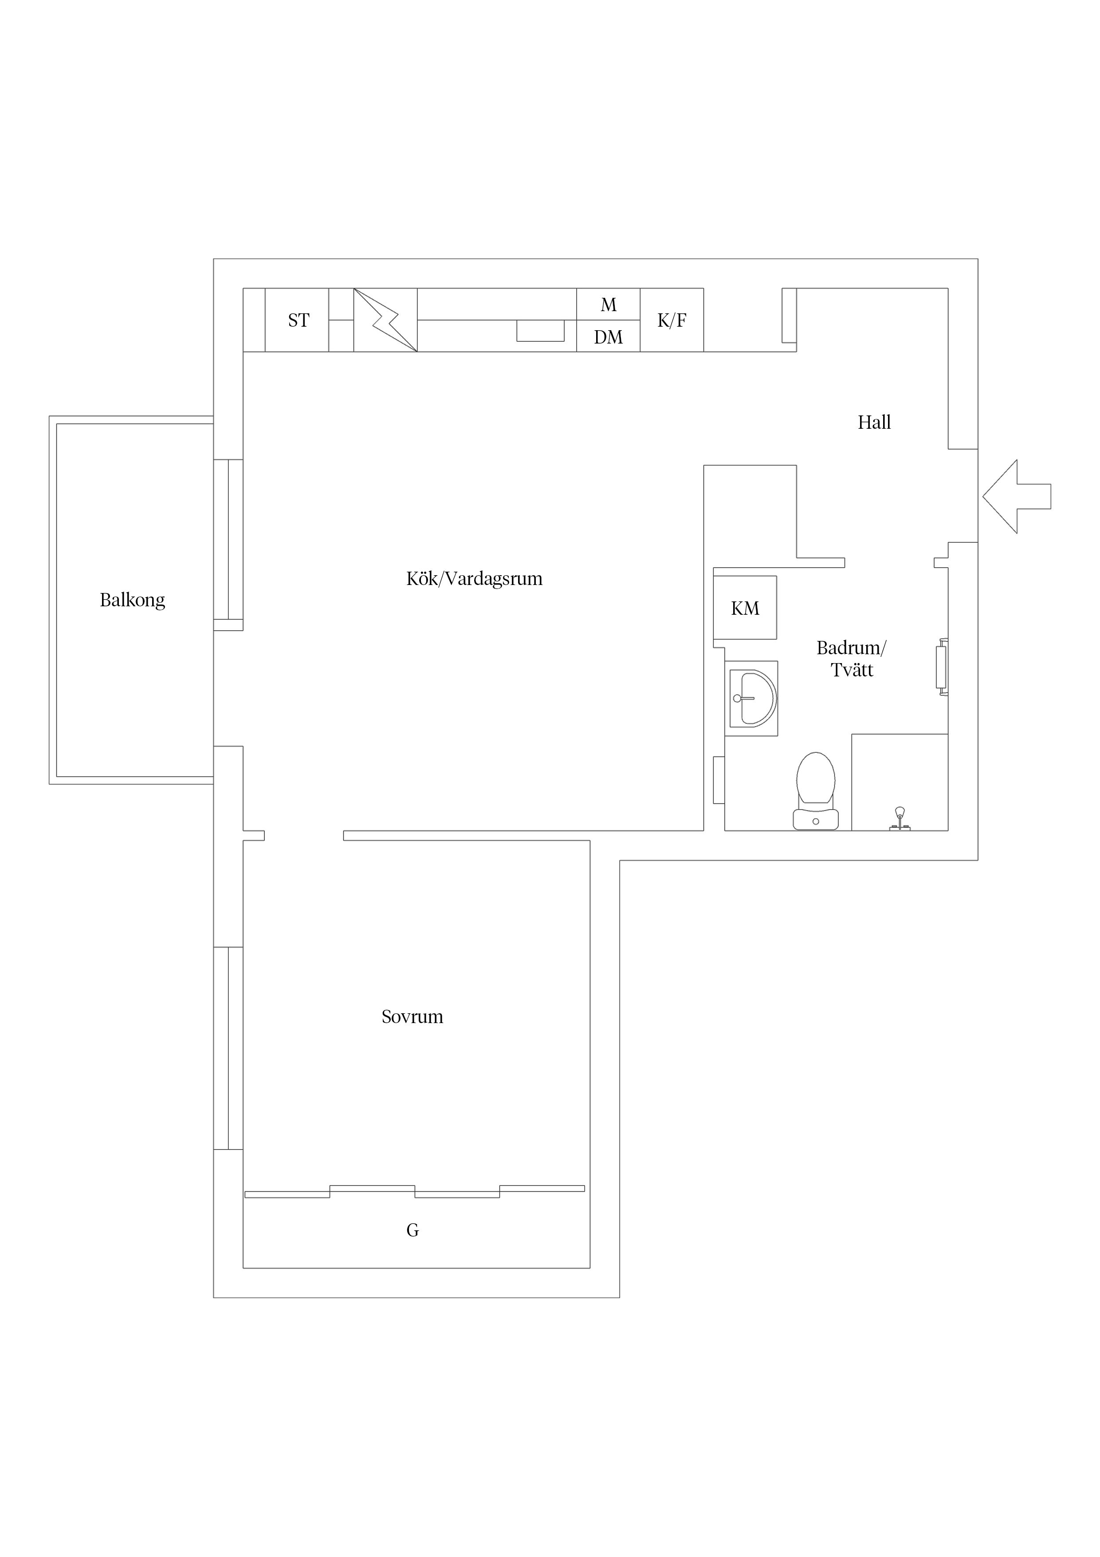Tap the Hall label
coord(874,423)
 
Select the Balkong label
coord(132,600)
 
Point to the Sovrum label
coord(412,1016)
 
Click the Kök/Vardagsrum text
coord(475,578)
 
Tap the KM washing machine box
coord(745,608)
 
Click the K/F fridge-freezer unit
coord(672,320)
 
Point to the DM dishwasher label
coord(608,337)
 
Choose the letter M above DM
coord(609,305)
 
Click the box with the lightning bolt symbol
coord(385,320)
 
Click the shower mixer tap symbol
coord(900,818)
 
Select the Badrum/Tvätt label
coord(851,659)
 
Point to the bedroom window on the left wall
coord(228,1048)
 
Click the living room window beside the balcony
coord(228,540)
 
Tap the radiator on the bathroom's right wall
coord(941,667)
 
